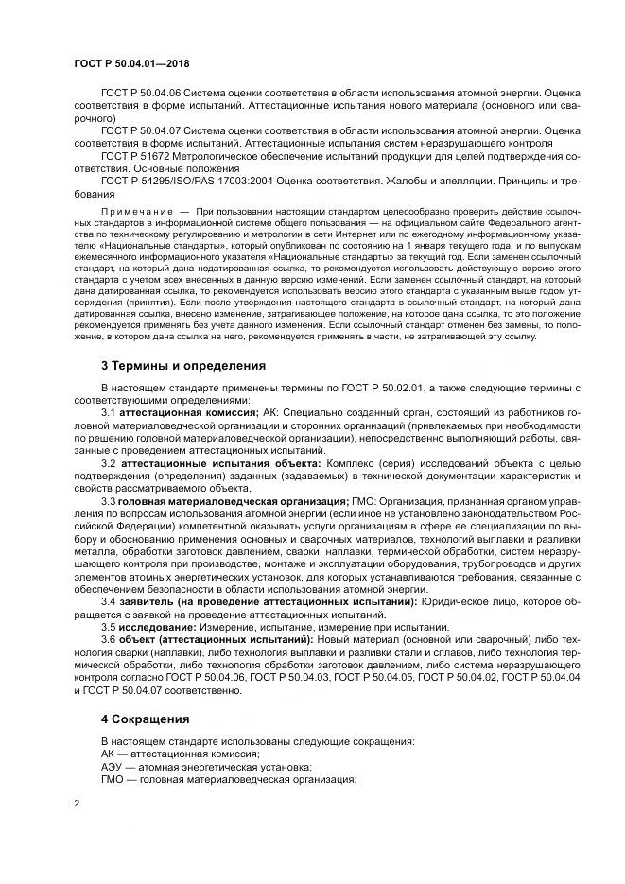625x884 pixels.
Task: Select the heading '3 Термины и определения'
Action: click(183, 365)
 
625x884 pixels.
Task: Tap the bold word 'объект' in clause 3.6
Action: click(138, 639)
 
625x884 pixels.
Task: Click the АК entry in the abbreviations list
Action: click(109, 754)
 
